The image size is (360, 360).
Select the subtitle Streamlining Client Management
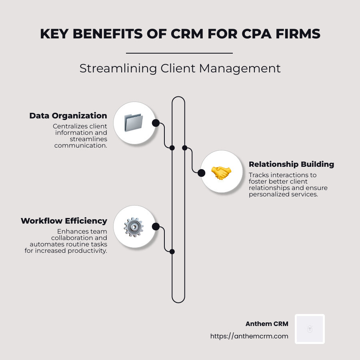click(x=180, y=68)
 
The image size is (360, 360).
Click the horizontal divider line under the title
click(x=179, y=53)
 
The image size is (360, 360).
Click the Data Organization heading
click(x=68, y=116)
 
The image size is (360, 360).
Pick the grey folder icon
click(x=134, y=122)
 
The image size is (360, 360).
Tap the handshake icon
click(x=221, y=173)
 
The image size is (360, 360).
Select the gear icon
click(x=134, y=227)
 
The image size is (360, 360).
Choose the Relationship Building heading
click(x=291, y=164)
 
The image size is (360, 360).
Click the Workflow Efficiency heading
click(x=64, y=221)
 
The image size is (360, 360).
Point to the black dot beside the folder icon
click(x=156, y=123)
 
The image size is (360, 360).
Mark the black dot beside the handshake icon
click(x=202, y=173)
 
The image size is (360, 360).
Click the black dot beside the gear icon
click(x=156, y=227)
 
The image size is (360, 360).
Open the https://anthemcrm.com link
click(x=249, y=336)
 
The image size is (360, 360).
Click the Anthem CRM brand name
click(x=267, y=324)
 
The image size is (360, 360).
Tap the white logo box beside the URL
click(x=310, y=329)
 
